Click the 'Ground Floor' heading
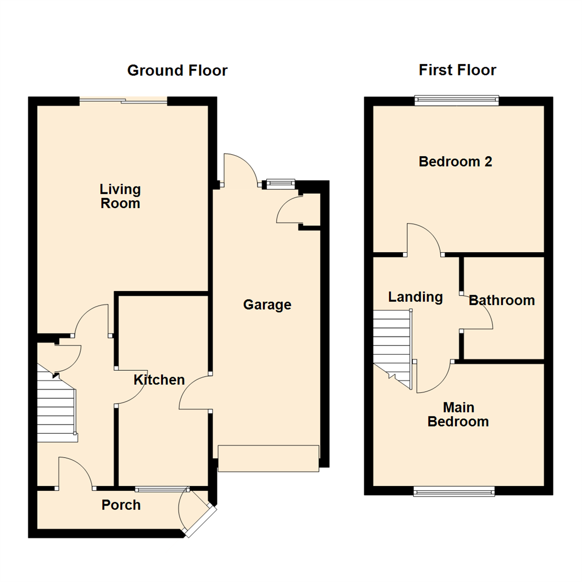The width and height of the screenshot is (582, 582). pos(177,71)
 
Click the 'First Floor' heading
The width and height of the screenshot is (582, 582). pos(457,70)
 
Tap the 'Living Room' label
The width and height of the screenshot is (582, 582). pos(120,196)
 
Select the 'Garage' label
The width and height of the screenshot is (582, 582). pos(267,305)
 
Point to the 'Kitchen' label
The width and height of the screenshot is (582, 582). pos(159,380)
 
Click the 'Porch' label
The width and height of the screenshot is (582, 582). pos(121,505)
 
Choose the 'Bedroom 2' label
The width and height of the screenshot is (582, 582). pos(455,161)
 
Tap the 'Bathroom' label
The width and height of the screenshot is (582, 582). pos(502,300)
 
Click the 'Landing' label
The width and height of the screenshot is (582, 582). pos(415,297)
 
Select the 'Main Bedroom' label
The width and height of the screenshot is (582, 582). pos(458,414)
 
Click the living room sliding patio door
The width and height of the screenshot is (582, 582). pos(123,100)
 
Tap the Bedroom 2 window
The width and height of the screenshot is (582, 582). pos(456,100)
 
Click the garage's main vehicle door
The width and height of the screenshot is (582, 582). pos(268,459)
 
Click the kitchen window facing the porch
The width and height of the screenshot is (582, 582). pos(162,489)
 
